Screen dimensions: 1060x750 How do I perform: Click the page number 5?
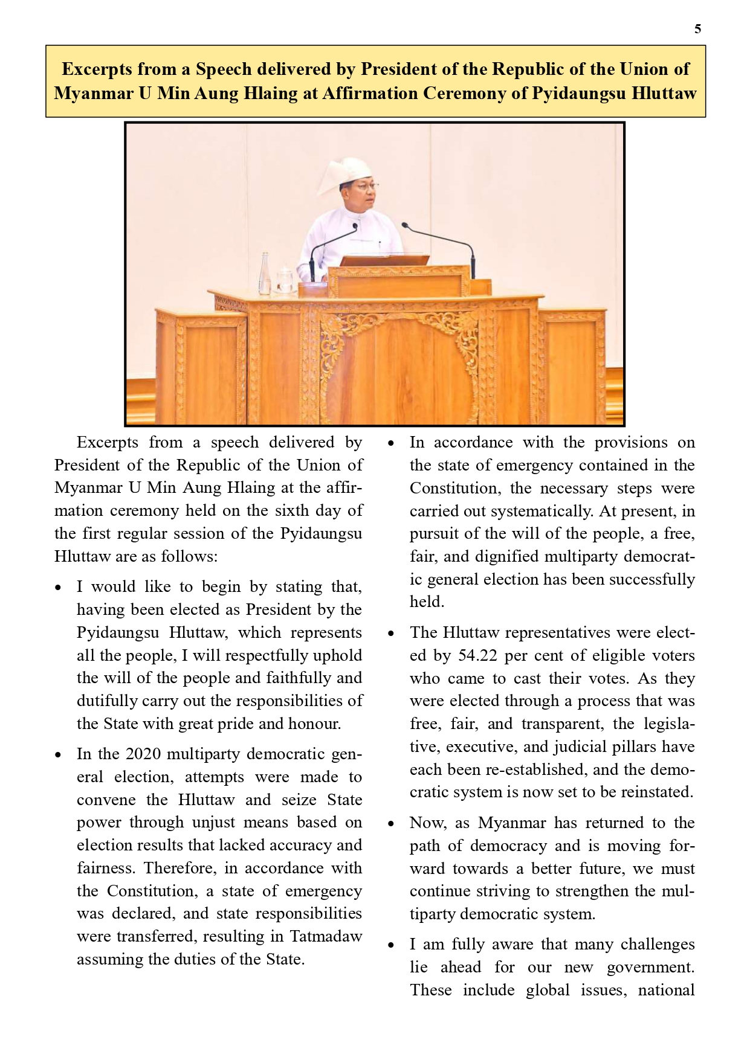tap(697, 29)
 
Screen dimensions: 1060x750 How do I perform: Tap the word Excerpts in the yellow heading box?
tap(97, 69)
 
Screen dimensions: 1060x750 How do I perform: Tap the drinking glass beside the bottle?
tap(284, 281)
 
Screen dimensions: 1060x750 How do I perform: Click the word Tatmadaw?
tap(326, 936)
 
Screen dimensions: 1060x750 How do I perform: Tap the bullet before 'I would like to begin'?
tap(58, 588)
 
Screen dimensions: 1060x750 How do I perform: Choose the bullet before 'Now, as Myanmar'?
tap(391, 824)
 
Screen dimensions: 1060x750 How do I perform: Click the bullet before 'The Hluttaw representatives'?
tap(391, 634)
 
